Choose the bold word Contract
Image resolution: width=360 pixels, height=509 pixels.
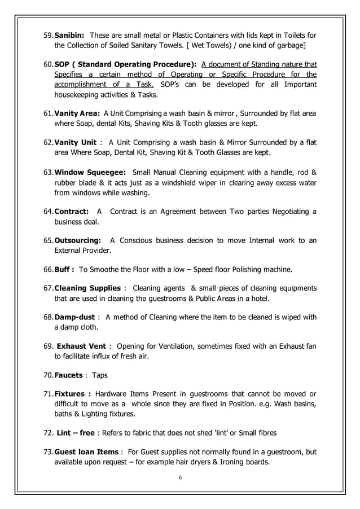[x=71, y=211]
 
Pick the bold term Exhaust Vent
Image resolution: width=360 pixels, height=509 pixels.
[x=82, y=346]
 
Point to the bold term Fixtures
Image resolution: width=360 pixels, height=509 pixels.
[x=72, y=393]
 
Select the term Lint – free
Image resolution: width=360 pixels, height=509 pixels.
[x=76, y=433]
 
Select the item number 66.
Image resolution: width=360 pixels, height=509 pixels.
[x=48, y=268]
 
